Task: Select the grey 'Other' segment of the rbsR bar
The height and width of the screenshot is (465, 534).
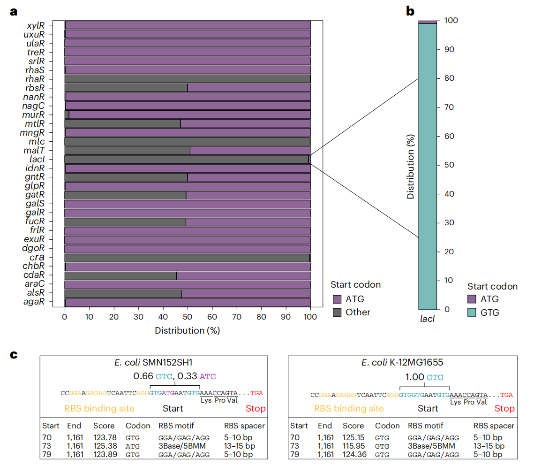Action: (126, 88)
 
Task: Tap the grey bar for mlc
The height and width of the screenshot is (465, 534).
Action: (187, 141)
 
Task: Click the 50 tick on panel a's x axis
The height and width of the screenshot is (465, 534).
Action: (188, 317)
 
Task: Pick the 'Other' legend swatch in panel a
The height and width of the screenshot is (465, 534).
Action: (337, 313)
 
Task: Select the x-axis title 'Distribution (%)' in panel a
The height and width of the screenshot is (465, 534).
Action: (187, 330)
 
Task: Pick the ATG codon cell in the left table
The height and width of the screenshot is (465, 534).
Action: (133, 446)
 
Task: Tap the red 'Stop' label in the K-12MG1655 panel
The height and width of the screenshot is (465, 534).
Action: (504, 409)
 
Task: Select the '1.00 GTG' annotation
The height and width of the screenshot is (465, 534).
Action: (424, 377)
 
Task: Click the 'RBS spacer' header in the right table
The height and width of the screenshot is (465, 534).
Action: (494, 426)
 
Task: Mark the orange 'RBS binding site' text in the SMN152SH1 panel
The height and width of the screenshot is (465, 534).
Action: (99, 409)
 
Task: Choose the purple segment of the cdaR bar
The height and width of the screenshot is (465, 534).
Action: (243, 275)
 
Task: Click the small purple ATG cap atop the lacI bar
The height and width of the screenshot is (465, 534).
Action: (428, 22)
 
